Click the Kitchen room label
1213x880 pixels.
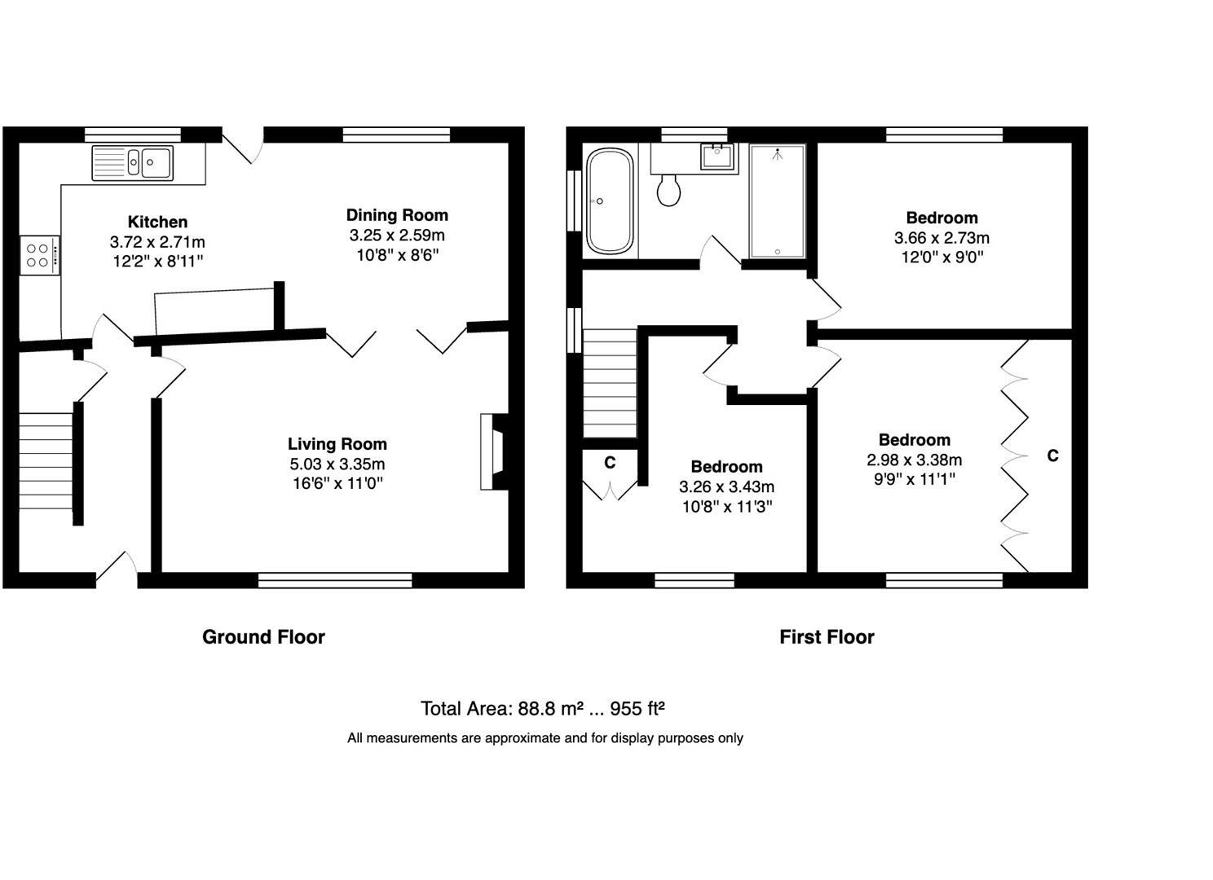point(157,222)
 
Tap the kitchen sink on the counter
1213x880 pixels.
point(132,162)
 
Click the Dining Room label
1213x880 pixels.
point(397,215)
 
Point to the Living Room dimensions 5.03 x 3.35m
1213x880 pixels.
point(337,464)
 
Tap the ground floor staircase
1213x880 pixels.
point(46,460)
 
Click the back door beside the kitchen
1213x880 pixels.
point(241,145)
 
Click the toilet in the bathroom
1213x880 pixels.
point(668,190)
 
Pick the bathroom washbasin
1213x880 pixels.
point(717,157)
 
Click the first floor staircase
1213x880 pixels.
point(610,383)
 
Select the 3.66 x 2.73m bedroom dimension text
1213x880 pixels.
point(942,238)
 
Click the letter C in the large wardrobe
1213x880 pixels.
point(1052,455)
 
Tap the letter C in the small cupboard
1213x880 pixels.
point(609,463)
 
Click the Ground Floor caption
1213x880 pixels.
point(263,637)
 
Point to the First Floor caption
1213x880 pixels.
point(827,637)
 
